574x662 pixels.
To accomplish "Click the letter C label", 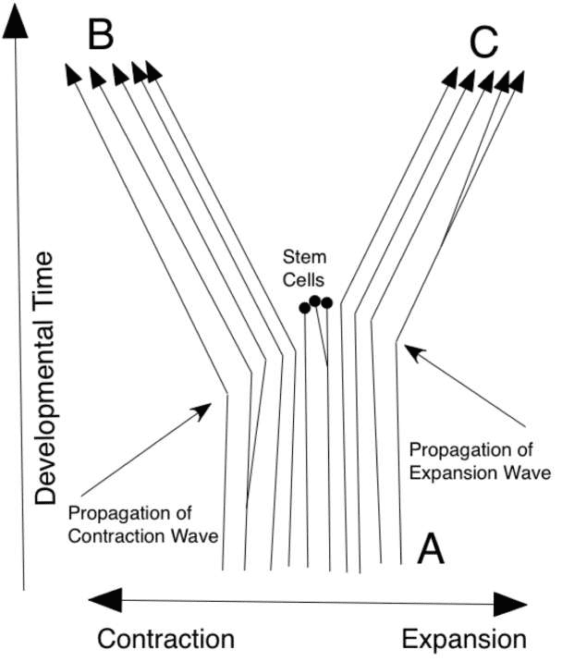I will pos(483,43).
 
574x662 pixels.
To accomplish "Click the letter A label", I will pos(432,550).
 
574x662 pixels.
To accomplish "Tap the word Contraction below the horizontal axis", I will pos(166,639).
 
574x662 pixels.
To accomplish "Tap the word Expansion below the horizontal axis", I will pos(464,639).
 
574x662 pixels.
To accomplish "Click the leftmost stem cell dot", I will pos(304,309).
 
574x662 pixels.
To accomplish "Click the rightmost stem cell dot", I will pos(326,302).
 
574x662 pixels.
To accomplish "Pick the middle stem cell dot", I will pos(315,300).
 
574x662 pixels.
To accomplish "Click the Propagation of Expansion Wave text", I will pos(480,461).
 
